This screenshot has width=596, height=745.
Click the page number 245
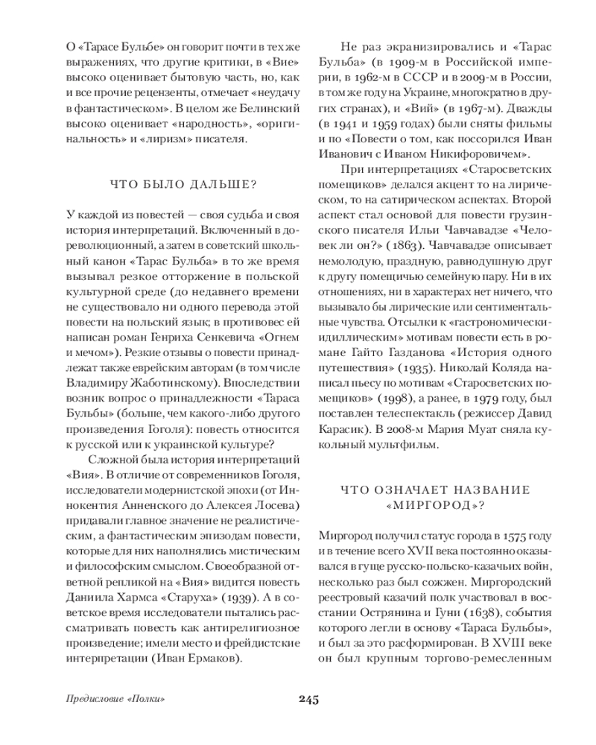(x=308, y=699)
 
